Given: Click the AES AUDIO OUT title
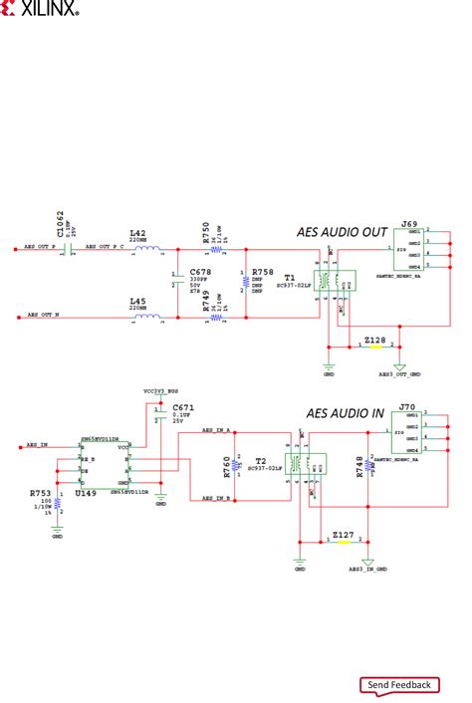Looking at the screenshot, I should tap(342, 232).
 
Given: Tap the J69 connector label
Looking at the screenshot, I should tap(408, 225).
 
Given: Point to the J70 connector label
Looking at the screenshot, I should tap(406, 407).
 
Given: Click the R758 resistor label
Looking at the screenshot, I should tap(263, 271).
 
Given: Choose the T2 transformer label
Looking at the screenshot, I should tap(260, 461).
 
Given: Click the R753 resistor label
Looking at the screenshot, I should tap(40, 493).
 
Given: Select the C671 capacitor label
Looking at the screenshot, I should tap(182, 408).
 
